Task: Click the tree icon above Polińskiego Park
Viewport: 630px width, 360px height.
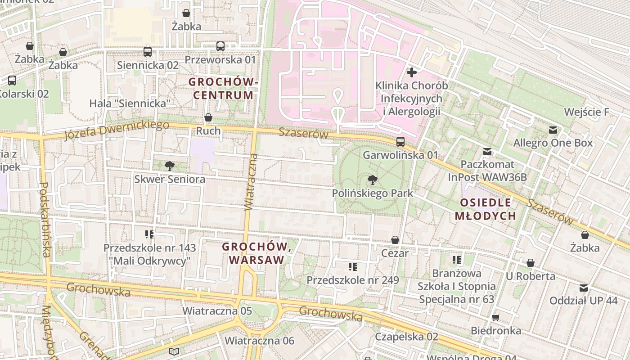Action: click(x=372, y=180)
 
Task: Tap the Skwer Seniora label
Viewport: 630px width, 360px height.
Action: click(x=170, y=179)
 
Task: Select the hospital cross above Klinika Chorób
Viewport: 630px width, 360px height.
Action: click(x=411, y=72)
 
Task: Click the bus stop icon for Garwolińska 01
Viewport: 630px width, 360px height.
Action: click(x=400, y=142)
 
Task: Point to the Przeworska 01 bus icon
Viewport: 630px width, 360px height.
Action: click(x=220, y=46)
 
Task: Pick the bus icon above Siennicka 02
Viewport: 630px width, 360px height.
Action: click(x=148, y=52)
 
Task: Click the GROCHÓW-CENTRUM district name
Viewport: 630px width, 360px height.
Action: click(x=223, y=89)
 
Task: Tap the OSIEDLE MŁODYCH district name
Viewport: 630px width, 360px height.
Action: click(x=485, y=209)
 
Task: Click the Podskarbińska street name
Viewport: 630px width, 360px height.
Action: click(x=45, y=220)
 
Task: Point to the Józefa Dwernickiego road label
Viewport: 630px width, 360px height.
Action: click(x=116, y=130)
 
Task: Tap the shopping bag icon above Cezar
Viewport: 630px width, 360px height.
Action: click(x=395, y=240)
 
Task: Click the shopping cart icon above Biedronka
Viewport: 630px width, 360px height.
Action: click(x=495, y=318)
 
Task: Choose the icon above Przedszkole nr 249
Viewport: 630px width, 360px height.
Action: click(x=353, y=267)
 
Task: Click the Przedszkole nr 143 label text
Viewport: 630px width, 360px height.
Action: click(x=150, y=248)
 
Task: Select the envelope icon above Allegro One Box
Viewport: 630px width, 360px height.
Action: click(x=553, y=130)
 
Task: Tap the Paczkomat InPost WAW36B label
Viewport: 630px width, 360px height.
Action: click(x=487, y=171)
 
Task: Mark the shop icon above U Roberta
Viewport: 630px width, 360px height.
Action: click(x=531, y=263)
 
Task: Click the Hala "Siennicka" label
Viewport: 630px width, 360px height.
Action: click(x=130, y=103)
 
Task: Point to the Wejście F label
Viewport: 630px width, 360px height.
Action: click(x=586, y=112)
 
